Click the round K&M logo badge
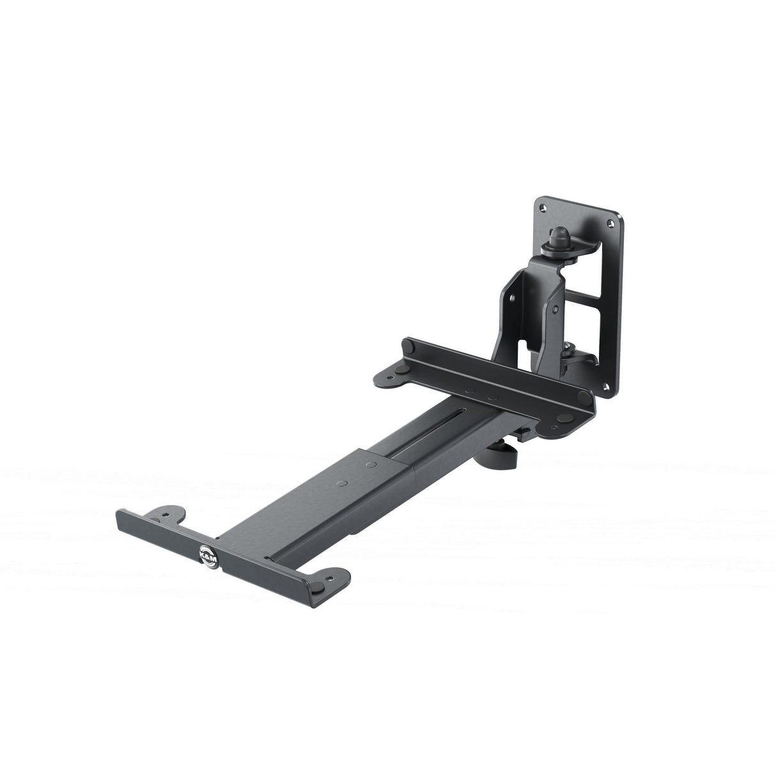(208, 554)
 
